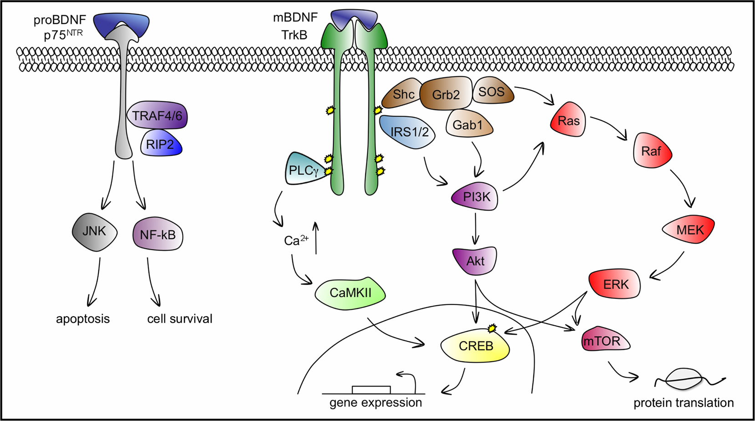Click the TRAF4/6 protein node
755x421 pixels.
point(157,116)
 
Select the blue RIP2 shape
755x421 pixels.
point(161,144)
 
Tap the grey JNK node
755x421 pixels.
point(95,232)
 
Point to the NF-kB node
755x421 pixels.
point(158,235)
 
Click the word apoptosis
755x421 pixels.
point(83,319)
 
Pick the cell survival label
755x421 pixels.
point(180,319)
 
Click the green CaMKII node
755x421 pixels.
point(350,293)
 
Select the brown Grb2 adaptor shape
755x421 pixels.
point(446,93)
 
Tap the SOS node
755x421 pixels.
point(493,91)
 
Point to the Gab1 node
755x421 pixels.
point(469,124)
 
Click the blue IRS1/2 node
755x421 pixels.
point(407,132)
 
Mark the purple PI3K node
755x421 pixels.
point(475,197)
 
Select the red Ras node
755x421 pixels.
point(568,120)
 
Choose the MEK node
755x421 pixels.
point(688,230)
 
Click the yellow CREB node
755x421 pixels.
point(475,346)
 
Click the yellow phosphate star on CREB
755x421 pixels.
point(493,328)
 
